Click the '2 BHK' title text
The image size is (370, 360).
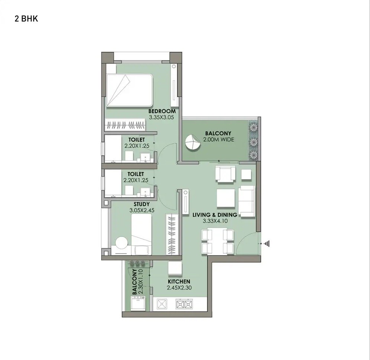pos(26,19)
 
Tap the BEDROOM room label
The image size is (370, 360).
pos(162,111)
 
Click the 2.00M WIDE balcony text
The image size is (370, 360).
pos(218,140)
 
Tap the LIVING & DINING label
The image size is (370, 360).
pos(215,215)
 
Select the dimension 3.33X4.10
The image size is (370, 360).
pos(215,221)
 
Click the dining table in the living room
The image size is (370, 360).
pos(217,241)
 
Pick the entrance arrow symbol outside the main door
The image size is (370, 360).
pos(266,244)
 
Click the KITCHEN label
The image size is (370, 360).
pos(179,282)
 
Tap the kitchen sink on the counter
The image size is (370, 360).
pos(162,304)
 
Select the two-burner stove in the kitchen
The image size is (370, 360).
pos(184,304)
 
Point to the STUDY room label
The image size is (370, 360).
pos(142,204)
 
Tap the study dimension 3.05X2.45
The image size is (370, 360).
pos(142,210)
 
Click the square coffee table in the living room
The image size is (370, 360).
pos(225,199)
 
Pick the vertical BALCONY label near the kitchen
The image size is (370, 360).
pos(135,282)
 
